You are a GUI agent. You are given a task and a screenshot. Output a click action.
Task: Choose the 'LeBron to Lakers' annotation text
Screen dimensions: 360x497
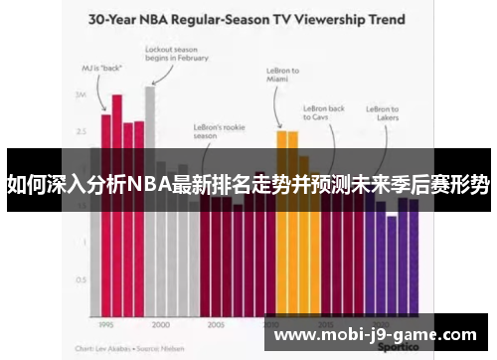(383, 114)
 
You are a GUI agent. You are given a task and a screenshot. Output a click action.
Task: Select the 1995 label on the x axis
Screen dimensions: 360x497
(104, 325)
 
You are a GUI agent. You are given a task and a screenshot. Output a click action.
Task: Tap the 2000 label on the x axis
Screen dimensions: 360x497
(160, 325)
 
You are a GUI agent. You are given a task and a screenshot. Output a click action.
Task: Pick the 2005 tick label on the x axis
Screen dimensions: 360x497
(215, 325)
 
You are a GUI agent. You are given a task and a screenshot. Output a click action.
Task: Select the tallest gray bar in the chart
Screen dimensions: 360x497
(150, 199)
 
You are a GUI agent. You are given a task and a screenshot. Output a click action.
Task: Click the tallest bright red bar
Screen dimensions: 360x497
(117, 199)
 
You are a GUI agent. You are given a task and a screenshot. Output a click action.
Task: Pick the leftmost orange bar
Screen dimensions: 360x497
(281, 219)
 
